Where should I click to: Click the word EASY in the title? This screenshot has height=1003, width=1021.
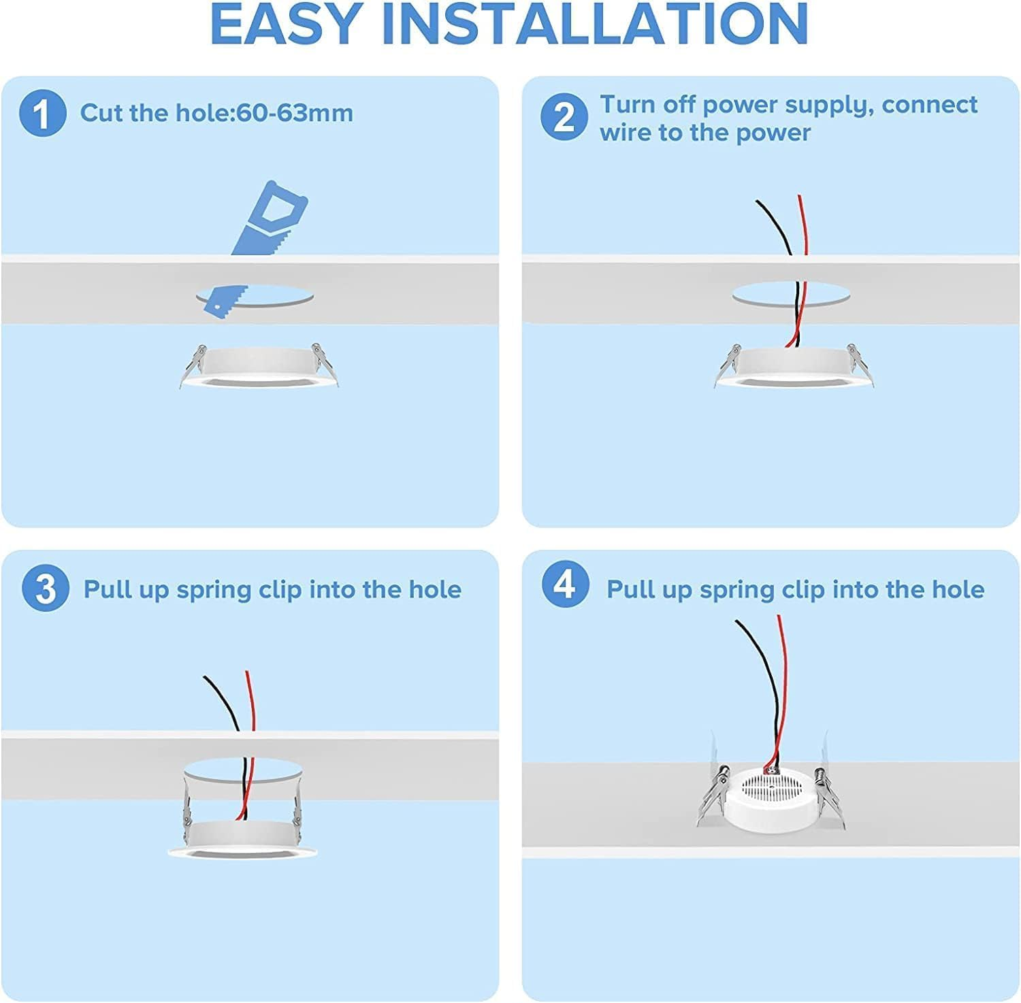tap(285, 24)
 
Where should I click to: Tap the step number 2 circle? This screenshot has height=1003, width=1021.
tap(564, 117)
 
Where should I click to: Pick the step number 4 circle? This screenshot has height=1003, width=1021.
tap(566, 585)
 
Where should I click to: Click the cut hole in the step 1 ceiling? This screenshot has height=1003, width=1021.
tap(255, 297)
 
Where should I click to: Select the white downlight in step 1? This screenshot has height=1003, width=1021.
tap(259, 366)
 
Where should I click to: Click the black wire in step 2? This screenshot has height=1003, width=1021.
tap(790, 265)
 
